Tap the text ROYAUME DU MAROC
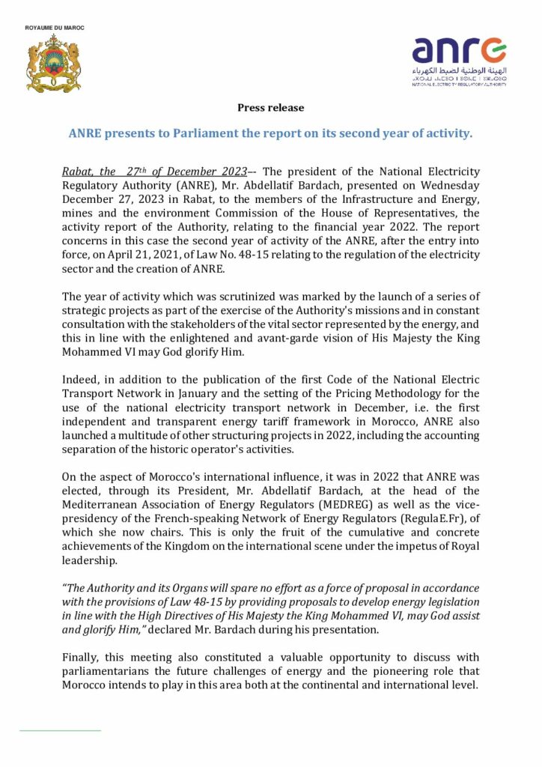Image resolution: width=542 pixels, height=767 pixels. pyautogui.click(x=55, y=28)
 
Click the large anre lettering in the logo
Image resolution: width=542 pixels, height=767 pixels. pyautogui.click(x=458, y=52)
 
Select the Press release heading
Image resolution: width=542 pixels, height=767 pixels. pyautogui.click(x=270, y=108)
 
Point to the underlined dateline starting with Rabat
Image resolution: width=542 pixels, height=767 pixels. pyautogui.click(x=154, y=172)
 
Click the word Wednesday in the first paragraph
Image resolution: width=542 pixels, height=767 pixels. pyautogui.click(x=451, y=184)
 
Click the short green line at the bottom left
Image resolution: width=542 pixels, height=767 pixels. pyautogui.click(x=60, y=729)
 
